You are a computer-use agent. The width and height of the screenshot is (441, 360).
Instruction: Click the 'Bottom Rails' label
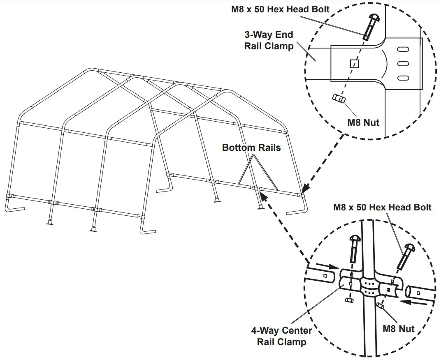tap(251, 147)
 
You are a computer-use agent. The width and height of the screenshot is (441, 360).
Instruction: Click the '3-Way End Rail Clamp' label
tap(269, 40)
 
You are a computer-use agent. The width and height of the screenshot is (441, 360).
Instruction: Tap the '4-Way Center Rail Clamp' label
tap(281, 336)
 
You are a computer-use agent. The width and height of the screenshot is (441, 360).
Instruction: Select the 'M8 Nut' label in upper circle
tap(363, 122)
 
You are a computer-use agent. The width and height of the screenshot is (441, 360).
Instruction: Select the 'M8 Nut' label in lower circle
tap(398, 328)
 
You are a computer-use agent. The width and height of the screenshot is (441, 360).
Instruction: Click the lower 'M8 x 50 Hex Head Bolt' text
tap(382, 207)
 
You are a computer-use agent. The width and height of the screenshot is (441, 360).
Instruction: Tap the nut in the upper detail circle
tap(339, 99)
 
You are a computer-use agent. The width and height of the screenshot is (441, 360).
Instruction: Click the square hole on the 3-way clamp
tap(354, 64)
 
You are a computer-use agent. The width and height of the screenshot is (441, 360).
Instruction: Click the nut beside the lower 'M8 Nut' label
tap(381, 306)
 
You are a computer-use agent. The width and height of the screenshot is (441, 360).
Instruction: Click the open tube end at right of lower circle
tap(410, 291)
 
